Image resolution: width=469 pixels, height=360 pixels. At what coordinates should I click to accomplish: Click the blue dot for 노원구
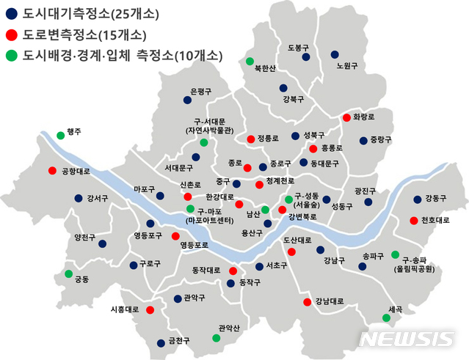335,54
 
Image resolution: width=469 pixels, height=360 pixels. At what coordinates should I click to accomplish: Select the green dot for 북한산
250,61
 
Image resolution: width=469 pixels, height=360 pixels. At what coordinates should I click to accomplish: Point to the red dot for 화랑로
346,117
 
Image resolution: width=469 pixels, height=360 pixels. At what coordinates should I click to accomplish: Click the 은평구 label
200,92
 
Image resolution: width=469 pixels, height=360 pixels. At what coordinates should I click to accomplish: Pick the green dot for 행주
61,135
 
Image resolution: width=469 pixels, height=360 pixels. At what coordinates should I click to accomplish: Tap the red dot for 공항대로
52,171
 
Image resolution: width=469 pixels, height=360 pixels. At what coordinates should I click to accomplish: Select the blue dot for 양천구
102,243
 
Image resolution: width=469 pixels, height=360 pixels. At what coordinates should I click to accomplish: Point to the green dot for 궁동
69,273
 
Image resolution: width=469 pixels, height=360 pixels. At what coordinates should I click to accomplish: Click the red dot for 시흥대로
150,309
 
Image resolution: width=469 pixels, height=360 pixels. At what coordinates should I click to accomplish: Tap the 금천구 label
179,340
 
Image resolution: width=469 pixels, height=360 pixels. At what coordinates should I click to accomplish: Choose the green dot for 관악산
216,338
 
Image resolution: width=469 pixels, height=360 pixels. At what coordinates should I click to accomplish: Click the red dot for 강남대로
307,301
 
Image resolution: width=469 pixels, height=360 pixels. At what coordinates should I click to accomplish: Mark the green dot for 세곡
386,317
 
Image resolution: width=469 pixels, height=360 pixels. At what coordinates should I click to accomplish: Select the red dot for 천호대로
414,221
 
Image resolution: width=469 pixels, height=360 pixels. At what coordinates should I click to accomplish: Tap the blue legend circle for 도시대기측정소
11,14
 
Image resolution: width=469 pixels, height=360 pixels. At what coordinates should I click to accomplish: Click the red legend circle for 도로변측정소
11,34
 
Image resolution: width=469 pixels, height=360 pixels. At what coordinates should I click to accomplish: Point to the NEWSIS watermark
407,339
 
